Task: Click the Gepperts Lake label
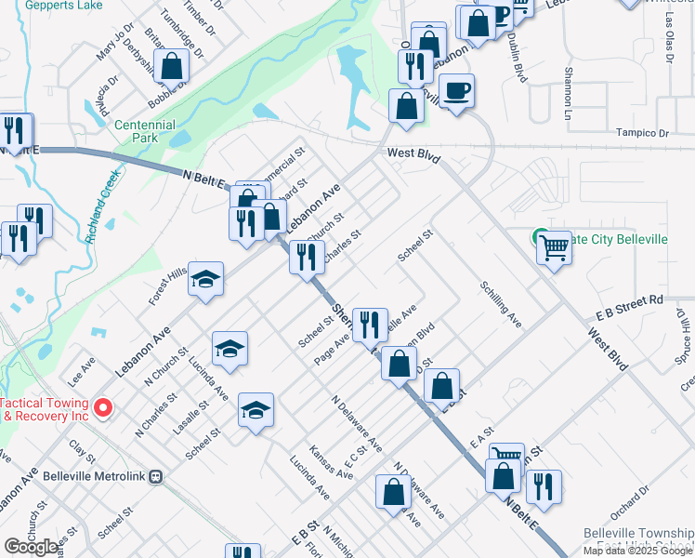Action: (x=62, y=5)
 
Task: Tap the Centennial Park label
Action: (x=144, y=131)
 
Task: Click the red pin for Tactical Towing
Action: (x=103, y=407)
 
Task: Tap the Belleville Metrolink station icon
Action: (x=157, y=475)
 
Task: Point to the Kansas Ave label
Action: (x=332, y=461)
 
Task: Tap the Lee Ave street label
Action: (x=81, y=368)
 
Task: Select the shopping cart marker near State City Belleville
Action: (x=554, y=247)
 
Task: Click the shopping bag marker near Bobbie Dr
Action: (x=172, y=66)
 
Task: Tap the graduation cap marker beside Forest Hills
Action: (x=206, y=279)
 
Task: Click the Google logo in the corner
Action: (x=31, y=547)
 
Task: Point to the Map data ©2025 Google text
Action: (x=637, y=551)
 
